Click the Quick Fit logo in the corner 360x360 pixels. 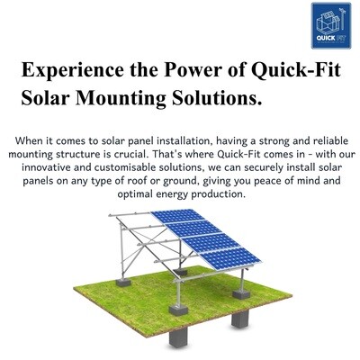pos(331,25)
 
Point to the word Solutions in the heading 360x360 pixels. pos(215,98)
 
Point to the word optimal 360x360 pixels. pos(135,194)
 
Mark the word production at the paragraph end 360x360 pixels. pos(219,194)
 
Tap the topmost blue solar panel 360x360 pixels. pos(177,216)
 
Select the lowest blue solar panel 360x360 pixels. pos(230,258)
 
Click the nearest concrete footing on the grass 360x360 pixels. pos(178,310)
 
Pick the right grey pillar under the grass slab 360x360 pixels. pos(240,319)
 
